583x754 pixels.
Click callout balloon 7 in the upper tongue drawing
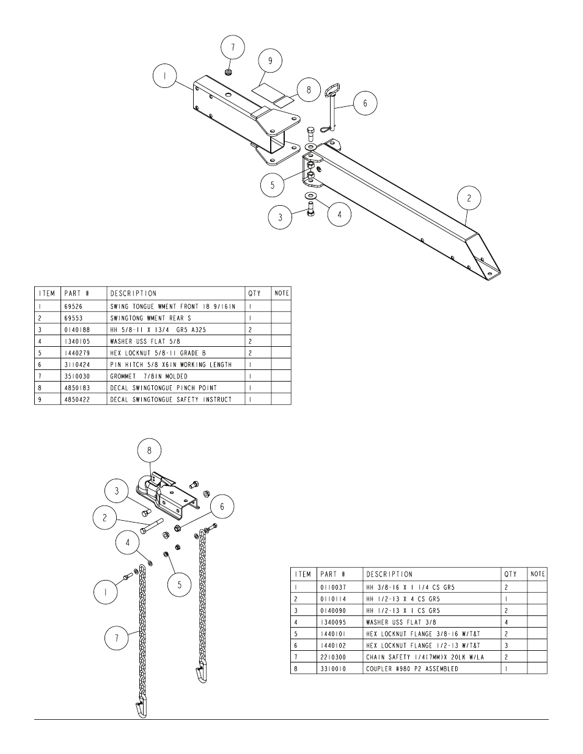(232, 48)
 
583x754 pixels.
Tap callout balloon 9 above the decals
(269, 60)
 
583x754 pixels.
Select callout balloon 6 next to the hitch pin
(365, 103)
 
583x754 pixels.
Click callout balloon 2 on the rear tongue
(469, 198)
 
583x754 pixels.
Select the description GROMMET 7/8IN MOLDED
(148, 376)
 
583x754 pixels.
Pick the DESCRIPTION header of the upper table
(133, 294)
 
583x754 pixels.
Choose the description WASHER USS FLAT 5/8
(145, 341)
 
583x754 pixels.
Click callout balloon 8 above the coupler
(149, 451)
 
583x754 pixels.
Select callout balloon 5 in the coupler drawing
(179, 584)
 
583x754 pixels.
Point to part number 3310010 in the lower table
(334, 669)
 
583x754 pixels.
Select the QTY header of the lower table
(510, 575)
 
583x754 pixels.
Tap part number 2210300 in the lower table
(334, 657)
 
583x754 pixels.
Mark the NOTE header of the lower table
(537, 574)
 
